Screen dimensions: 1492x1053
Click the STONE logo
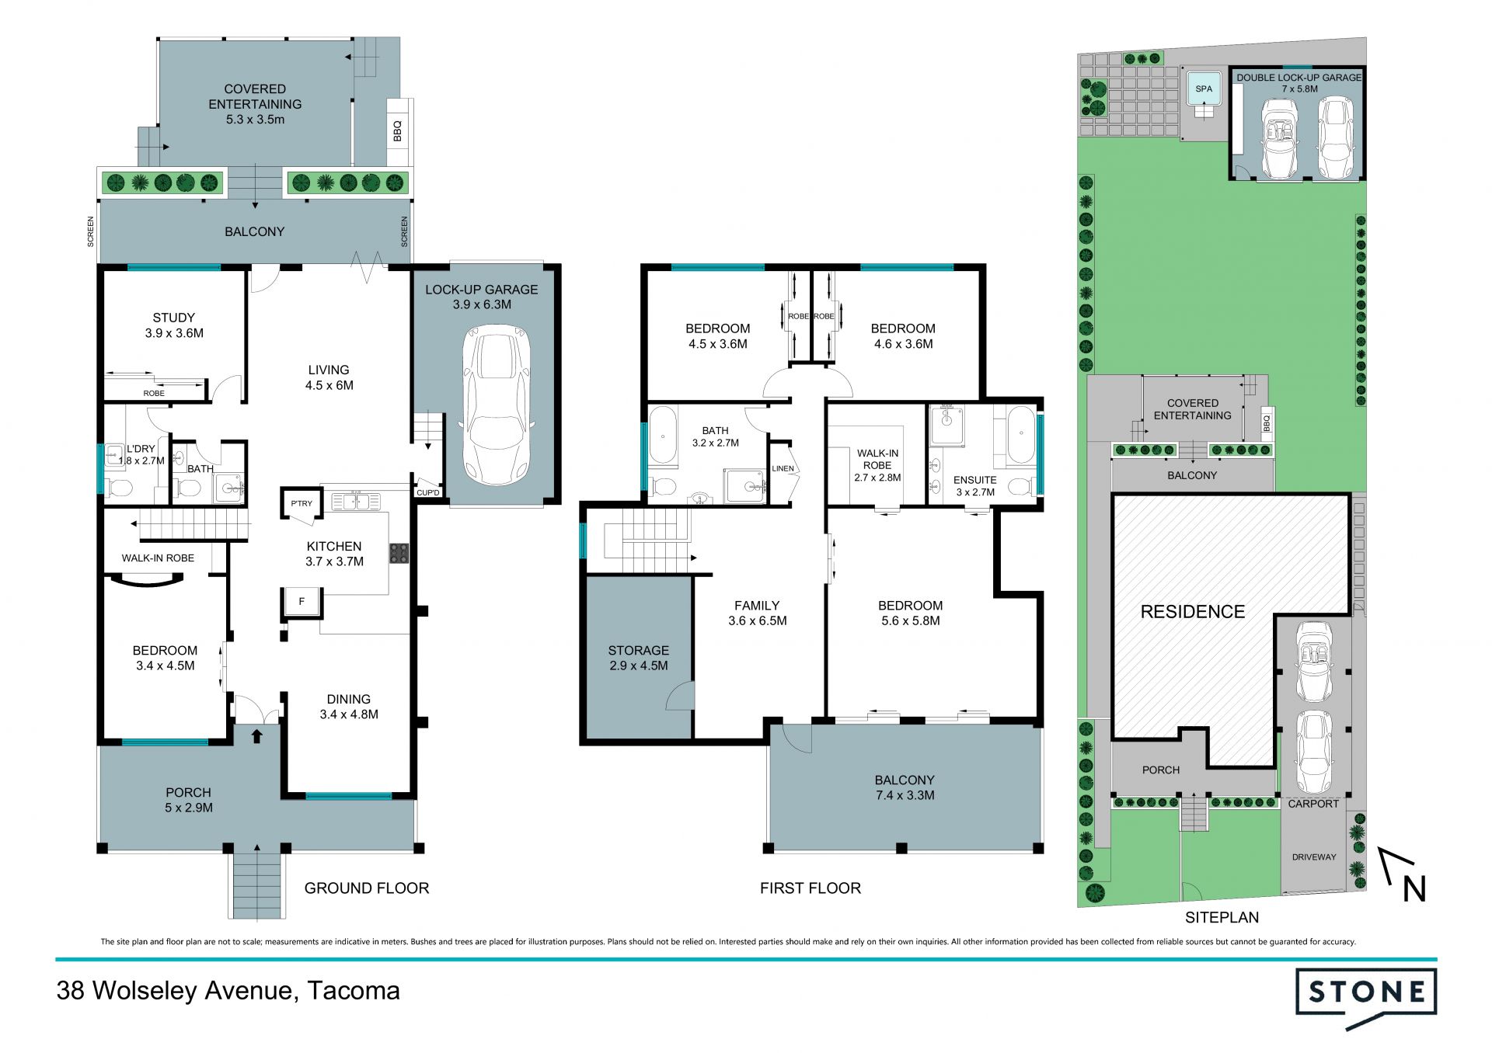click(1365, 998)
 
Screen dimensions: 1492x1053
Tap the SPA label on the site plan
click(1204, 89)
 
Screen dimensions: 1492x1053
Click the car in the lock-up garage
click(497, 405)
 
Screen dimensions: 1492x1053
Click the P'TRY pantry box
click(302, 503)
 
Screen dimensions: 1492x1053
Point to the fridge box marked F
click(302, 601)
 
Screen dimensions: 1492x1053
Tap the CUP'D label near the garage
click(428, 493)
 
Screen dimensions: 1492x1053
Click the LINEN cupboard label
click(783, 468)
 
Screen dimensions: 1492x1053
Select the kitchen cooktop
click(399, 553)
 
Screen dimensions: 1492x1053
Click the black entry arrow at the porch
click(256, 736)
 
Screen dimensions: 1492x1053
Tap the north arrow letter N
click(1414, 889)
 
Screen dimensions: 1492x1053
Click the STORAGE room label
click(639, 650)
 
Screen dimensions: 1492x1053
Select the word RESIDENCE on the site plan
click(1192, 612)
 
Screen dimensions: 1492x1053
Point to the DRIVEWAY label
click(1314, 857)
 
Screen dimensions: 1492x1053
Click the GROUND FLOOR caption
click(367, 888)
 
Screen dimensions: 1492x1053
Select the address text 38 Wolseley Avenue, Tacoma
click(228, 991)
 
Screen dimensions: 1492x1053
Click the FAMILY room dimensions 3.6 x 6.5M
click(758, 620)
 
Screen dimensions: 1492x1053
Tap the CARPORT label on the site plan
click(1313, 804)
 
